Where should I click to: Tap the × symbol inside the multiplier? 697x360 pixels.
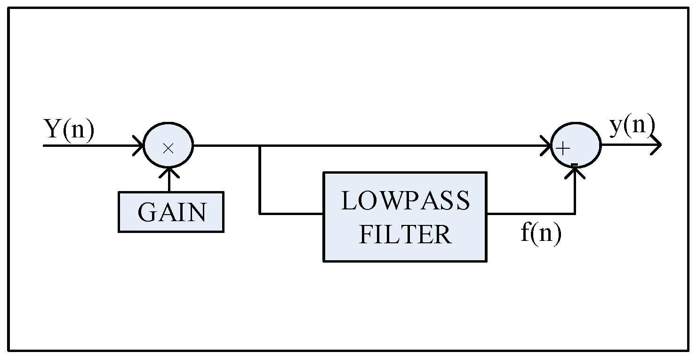[168, 148]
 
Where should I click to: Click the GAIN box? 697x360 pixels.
[171, 212]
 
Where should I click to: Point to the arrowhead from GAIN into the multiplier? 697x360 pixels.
[168, 173]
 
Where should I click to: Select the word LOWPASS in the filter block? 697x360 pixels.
[405, 201]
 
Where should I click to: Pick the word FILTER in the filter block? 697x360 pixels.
[405, 234]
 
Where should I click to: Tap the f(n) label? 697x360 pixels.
[541, 233]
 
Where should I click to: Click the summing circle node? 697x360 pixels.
[576, 146]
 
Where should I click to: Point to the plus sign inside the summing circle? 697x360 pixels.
[563, 148]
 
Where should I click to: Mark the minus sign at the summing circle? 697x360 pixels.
[574, 164]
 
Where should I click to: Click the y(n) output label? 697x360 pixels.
[632, 126]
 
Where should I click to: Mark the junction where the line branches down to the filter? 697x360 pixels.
[260, 146]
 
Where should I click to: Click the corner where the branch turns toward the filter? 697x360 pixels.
[260, 214]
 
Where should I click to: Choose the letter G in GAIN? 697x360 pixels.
[146, 212]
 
